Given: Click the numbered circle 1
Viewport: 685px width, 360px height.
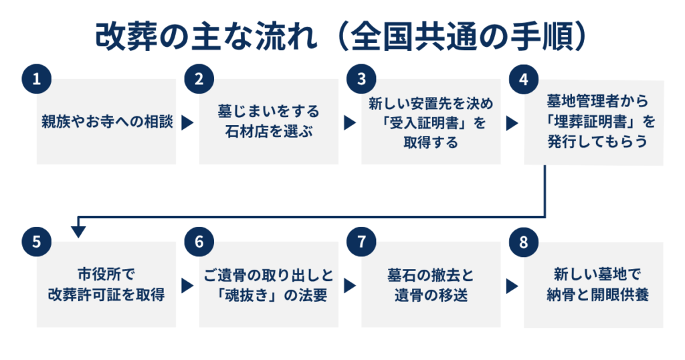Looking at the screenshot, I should tap(36, 79).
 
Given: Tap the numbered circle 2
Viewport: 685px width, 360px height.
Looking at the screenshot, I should tap(199, 79).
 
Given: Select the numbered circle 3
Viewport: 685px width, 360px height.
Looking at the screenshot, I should tap(361, 79).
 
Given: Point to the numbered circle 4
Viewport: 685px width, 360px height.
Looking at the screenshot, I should tap(524, 79).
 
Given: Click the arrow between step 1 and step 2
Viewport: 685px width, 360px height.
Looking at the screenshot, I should tap(187, 123).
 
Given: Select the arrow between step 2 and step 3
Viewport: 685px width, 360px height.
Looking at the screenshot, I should tap(350, 123).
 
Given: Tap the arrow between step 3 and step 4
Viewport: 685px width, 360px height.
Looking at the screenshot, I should tap(512, 123).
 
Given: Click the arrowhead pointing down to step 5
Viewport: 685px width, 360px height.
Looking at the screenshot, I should tap(78, 231).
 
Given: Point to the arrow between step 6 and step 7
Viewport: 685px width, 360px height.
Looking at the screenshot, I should tap(350, 286).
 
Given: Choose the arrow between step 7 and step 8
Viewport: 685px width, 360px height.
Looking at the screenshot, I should tap(512, 286).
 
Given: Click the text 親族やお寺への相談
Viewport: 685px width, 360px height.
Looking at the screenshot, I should tap(106, 123).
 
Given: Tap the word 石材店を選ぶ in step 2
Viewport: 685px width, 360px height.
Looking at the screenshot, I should tap(268, 132).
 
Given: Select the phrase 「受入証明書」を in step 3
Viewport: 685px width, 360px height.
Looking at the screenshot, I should tap(431, 123).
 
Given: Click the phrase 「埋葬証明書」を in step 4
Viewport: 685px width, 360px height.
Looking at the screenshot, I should tap(594, 123).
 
